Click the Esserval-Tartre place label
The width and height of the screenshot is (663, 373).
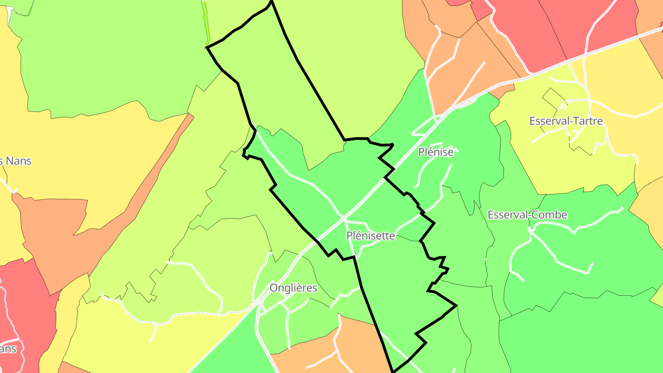click(566, 121)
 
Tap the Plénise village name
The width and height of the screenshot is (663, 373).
click(436, 152)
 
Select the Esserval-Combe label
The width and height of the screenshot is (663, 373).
click(527, 215)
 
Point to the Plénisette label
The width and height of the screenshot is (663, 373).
click(371, 236)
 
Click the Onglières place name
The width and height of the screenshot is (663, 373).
click(293, 288)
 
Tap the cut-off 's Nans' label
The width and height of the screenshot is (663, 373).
click(16, 161)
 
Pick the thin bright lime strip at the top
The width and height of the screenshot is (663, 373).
click(206, 23)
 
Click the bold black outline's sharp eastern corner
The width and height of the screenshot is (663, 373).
click(456, 305)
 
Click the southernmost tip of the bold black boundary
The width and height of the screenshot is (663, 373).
click(393, 371)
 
